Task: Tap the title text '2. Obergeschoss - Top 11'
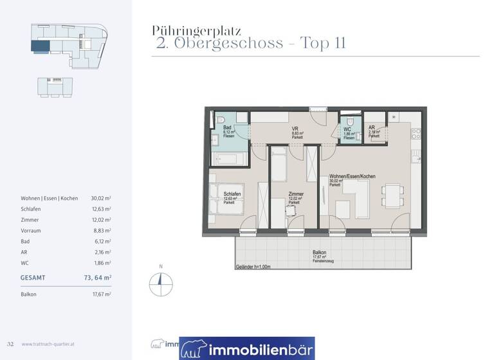click(252, 44)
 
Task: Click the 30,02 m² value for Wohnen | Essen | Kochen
click(101, 199)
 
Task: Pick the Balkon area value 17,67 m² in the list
click(101, 294)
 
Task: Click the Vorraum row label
click(31, 230)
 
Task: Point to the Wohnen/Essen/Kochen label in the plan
click(352, 176)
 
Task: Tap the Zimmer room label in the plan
click(297, 194)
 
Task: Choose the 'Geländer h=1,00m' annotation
click(253, 266)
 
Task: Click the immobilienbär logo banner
click(247, 348)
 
